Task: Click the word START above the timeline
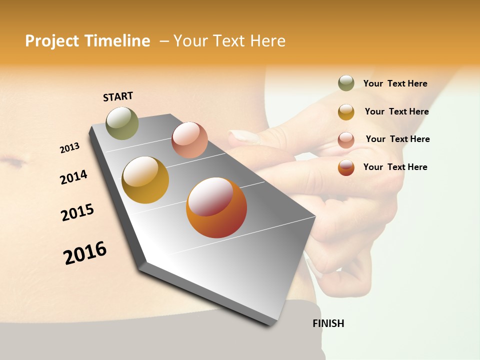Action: coord(118,96)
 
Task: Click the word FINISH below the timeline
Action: coord(328,323)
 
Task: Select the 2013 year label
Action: coord(69,148)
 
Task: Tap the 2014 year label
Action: coord(73,177)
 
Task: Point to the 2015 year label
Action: coord(77,212)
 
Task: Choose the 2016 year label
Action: coord(85,253)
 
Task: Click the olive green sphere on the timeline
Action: coord(122,123)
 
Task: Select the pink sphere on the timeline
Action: coord(189,140)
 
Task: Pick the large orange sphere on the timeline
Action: coord(216,207)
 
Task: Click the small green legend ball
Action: coord(346,83)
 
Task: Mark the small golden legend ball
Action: coord(346,112)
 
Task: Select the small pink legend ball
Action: coord(346,140)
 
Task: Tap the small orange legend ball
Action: coord(346,167)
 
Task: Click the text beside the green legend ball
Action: coord(395,83)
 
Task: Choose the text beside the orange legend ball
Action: coord(395,167)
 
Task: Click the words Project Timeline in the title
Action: coord(87,41)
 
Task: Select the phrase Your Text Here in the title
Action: coord(229,41)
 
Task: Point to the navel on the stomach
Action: coord(14,162)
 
